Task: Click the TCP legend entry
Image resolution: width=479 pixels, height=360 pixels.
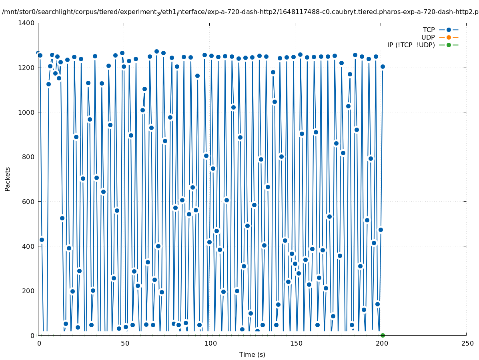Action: tap(429, 30)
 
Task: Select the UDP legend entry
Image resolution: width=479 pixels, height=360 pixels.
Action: tap(428, 37)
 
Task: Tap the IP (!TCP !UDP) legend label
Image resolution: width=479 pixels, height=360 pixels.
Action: tap(411, 45)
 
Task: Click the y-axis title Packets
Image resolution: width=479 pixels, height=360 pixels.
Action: tap(8, 179)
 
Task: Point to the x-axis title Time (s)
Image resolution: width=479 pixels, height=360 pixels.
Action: tap(252, 354)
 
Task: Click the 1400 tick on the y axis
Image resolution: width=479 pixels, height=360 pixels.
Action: tap(26, 23)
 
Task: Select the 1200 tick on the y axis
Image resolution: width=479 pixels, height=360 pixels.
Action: tap(26, 68)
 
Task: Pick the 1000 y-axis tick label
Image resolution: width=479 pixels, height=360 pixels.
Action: tap(26, 112)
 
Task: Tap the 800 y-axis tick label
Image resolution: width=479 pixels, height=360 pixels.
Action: tap(28, 157)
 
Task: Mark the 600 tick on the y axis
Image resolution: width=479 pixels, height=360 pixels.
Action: tap(28, 202)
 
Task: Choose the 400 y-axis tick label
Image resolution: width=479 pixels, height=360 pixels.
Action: tap(28, 246)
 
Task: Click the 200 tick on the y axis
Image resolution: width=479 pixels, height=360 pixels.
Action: tap(28, 291)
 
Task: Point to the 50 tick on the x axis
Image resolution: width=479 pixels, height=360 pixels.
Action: tap(124, 343)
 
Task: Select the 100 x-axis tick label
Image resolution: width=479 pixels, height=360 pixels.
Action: tap(210, 343)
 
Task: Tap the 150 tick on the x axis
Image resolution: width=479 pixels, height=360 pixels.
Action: tap(295, 343)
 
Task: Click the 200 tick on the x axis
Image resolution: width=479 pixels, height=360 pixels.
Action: tap(381, 343)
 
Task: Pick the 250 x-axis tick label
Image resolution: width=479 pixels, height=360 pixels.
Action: tap(467, 343)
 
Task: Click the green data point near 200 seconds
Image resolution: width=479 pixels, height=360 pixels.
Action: tap(383, 335)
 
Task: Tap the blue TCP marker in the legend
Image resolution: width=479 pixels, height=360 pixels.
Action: tap(449, 30)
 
